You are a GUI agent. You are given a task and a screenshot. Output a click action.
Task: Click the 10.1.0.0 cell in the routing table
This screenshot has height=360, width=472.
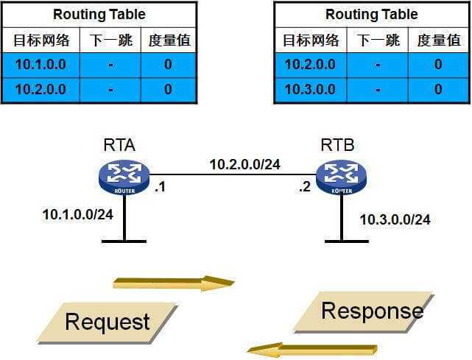40,65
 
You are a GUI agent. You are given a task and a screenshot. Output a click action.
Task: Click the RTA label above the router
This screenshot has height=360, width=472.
119,145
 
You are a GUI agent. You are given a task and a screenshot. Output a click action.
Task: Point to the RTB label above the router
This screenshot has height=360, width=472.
337,145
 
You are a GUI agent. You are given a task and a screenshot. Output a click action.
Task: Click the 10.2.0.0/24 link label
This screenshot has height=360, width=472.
244,164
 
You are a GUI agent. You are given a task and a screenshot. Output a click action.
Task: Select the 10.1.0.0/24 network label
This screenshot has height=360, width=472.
77,215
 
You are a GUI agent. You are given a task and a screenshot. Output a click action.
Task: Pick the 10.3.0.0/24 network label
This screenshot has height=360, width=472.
395,219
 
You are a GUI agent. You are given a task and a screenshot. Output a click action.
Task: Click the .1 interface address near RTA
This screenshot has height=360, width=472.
159,186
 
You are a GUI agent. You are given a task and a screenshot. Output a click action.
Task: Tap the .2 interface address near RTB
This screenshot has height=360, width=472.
305,186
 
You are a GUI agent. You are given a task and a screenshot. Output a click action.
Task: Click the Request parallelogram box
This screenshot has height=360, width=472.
108,322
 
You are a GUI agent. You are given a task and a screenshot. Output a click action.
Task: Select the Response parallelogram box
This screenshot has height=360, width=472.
371,311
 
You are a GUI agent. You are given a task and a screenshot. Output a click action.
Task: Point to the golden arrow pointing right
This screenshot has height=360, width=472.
173,283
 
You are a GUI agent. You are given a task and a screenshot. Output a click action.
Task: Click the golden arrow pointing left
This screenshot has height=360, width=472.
312,349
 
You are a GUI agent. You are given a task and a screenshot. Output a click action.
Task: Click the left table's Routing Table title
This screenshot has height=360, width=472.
99,14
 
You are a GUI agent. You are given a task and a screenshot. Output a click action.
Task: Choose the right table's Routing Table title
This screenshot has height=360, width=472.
371,14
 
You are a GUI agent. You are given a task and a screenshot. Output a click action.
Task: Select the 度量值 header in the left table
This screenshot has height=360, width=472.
169,40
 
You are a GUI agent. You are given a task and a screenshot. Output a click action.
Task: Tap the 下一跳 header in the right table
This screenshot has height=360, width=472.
378,40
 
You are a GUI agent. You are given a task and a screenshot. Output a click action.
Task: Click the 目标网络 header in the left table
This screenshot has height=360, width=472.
40,40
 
